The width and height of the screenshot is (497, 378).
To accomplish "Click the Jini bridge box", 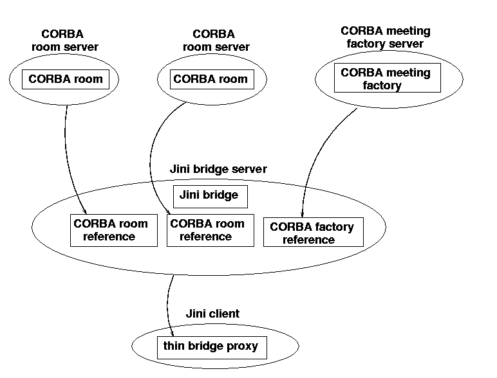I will [x=209, y=195].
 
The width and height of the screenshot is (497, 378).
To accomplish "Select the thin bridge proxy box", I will [x=211, y=347].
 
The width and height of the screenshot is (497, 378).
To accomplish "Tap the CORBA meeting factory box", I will [x=385, y=79].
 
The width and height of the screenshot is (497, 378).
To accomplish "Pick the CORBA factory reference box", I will [x=313, y=232].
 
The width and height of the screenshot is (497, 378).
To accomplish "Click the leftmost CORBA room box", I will [x=66, y=80].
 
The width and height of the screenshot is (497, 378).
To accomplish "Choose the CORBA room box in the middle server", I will [x=211, y=80].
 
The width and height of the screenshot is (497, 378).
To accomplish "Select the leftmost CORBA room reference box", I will [x=113, y=230].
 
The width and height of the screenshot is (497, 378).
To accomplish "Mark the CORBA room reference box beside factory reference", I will [x=208, y=230].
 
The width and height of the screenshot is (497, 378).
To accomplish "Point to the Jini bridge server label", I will [x=218, y=170].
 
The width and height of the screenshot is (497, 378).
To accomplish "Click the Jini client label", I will [x=212, y=314].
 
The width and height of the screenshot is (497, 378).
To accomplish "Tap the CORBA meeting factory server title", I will [x=385, y=37].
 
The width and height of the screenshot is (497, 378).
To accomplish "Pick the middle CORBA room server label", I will [x=216, y=40].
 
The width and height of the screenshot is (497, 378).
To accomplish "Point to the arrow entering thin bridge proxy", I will [x=169, y=302].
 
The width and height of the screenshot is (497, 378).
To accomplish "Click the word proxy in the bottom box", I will [x=241, y=347].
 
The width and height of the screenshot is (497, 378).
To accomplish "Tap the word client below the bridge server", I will [x=225, y=314].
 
